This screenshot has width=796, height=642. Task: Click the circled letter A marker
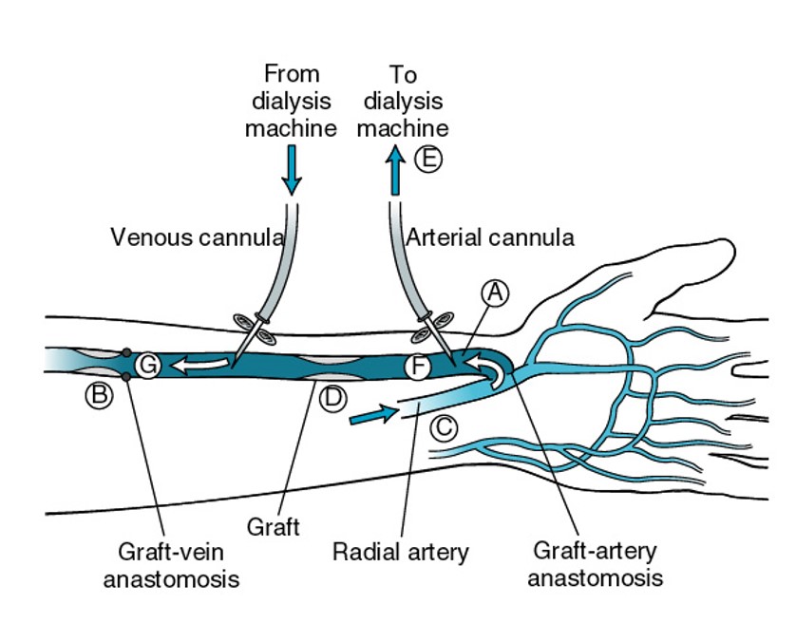coord(493,293)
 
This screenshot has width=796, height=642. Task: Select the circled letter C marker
coord(443,427)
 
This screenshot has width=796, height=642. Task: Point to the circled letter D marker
coord(332,398)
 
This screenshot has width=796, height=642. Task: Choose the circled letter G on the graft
coord(147,364)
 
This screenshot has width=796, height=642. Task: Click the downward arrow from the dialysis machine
coord(292,171)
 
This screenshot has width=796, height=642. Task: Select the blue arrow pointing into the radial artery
coord(371,415)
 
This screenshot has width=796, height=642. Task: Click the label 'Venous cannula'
coord(198,236)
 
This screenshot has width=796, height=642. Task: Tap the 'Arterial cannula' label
coord(490,236)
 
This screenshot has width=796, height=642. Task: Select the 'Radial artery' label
coord(400,552)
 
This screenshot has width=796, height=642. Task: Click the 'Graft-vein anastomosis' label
coord(172,564)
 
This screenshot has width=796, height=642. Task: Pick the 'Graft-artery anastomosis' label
coord(595,563)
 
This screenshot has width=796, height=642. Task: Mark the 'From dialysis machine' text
coord(291,101)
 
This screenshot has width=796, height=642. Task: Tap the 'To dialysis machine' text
coord(403,101)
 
